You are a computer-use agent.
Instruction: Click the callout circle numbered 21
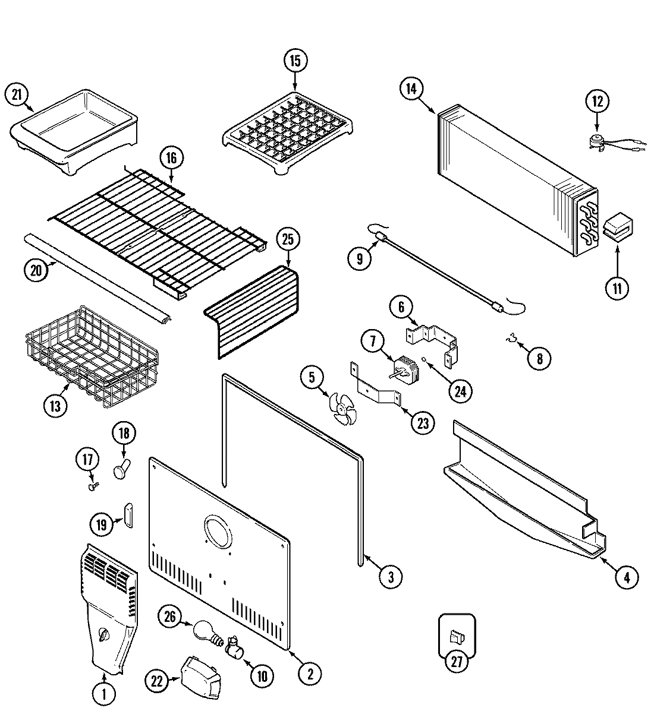(17, 94)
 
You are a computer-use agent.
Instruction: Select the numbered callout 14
(410, 89)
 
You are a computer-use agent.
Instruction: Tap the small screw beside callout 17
(92, 486)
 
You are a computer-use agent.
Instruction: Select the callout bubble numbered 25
(288, 240)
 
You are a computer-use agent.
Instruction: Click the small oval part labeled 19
(127, 514)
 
